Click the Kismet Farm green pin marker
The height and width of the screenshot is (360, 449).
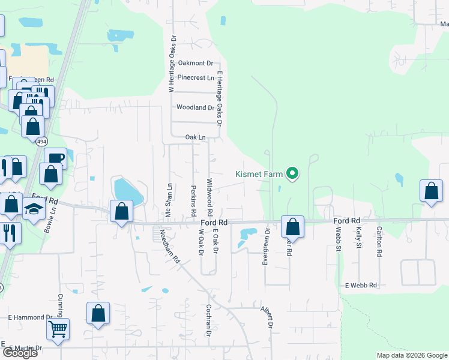[x=292, y=175]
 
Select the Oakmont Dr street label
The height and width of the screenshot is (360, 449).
[x=196, y=63]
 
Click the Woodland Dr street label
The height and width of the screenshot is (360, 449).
[x=195, y=108]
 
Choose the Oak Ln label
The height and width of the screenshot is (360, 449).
[x=195, y=137]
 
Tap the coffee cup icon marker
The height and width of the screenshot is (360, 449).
[x=55, y=158]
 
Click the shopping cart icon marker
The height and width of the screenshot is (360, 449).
[x=58, y=329]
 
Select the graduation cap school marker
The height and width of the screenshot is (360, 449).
[x=34, y=209]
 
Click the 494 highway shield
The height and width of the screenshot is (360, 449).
[x=41, y=142]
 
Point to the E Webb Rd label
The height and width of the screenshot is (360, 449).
[x=361, y=285]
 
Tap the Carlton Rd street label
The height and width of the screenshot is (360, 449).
[x=379, y=241]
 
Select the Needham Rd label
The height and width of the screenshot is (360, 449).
[x=169, y=247]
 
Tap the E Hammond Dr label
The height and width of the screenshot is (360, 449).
[x=31, y=317]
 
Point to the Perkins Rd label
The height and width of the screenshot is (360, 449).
[x=194, y=200]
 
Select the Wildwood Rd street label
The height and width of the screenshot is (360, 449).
[x=209, y=197]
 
